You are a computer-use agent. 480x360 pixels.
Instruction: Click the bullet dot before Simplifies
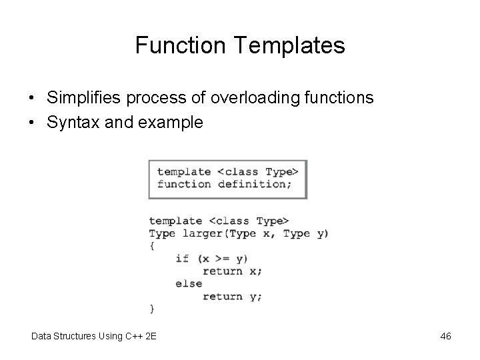point(32,99)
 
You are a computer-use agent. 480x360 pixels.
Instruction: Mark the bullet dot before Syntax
point(32,123)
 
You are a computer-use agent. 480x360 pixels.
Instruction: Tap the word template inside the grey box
point(183,172)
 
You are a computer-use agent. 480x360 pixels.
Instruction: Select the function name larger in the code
point(202,233)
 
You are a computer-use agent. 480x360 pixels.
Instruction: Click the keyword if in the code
point(182,259)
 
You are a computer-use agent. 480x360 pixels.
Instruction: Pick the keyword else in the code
point(189,283)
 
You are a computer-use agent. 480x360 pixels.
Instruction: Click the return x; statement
point(232,271)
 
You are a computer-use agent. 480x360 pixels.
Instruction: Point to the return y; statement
point(232,297)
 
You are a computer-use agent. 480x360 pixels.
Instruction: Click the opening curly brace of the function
point(152,246)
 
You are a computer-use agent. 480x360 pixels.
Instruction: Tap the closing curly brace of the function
point(152,309)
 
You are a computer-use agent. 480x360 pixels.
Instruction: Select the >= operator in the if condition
point(218,259)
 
